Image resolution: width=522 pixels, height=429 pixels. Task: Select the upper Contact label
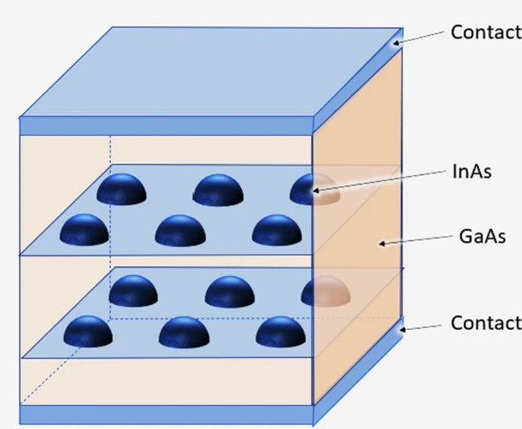(x=485, y=33)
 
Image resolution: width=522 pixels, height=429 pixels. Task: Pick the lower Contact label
(x=485, y=323)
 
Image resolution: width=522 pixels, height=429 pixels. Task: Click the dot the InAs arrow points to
(x=316, y=190)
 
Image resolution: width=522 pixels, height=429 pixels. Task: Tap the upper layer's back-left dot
(x=121, y=189)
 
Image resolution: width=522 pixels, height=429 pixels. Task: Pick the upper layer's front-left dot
(x=85, y=228)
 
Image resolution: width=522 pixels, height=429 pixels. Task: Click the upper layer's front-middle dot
(x=180, y=229)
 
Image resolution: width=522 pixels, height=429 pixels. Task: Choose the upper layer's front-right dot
(x=277, y=229)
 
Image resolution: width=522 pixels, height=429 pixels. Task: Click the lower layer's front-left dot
(x=88, y=331)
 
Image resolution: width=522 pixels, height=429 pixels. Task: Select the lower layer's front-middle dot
(x=184, y=331)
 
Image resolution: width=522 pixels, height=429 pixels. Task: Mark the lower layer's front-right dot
(x=280, y=331)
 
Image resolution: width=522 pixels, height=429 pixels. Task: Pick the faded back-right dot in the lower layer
(x=326, y=291)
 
